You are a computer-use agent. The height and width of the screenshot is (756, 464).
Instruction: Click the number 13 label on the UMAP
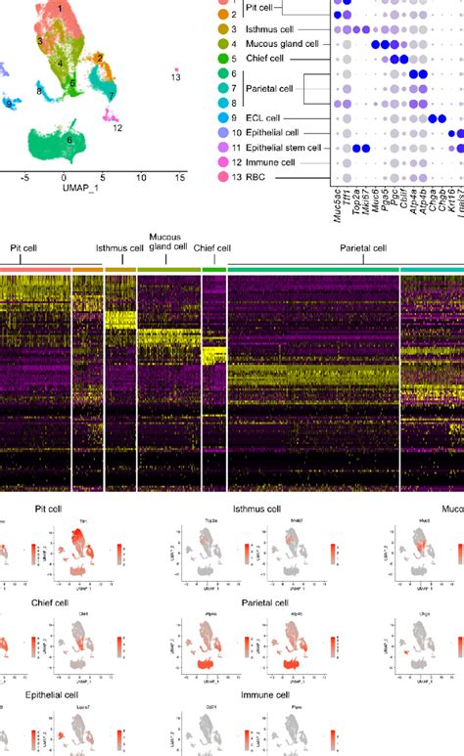[175, 75]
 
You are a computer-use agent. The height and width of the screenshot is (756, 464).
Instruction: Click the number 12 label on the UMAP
[117, 127]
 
